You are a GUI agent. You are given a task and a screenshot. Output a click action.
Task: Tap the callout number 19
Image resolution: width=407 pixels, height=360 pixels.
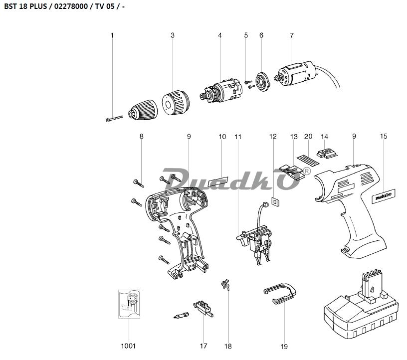coord(284,346)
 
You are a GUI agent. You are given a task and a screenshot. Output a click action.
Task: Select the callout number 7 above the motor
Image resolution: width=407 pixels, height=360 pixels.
coord(291,35)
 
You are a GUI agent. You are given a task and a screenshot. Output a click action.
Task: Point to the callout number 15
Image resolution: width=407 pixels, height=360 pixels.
coord(383,136)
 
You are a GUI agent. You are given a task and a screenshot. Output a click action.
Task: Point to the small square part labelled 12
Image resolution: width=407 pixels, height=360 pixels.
coord(274,201)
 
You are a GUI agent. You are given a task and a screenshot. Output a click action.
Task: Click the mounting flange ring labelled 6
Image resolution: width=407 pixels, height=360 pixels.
coord(262,82)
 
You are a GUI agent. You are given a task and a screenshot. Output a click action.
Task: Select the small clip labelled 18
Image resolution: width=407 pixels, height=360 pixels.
coord(225,286)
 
